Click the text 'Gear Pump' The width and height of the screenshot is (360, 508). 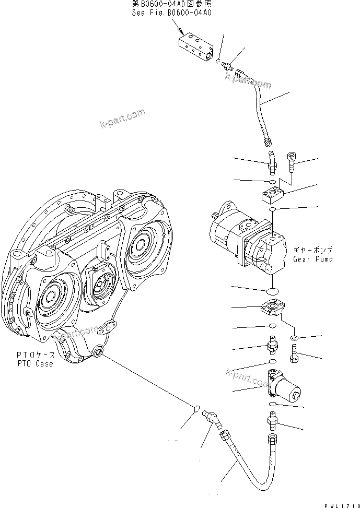[312, 259]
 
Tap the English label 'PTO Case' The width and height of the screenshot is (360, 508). [34, 364]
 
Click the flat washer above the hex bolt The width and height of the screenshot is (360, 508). [294, 339]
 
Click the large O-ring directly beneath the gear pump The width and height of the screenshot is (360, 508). [272, 290]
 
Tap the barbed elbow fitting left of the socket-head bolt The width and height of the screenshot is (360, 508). [270, 162]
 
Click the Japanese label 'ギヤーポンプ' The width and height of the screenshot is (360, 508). [313, 250]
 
